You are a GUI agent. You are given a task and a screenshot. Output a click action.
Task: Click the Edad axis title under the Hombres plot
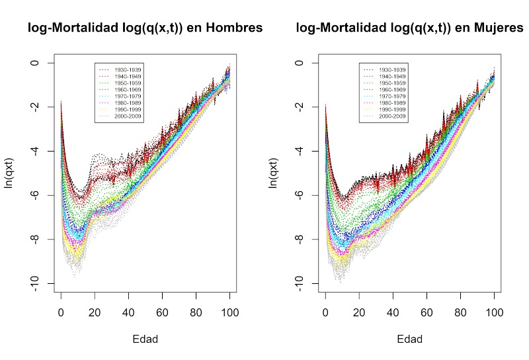pos(145,339)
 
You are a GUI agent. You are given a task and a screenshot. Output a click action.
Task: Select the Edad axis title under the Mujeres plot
pos(410,339)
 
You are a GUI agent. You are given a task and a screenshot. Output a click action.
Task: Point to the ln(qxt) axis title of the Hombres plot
pos(9,173)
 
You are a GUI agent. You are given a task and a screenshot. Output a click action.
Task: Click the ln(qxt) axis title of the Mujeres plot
pos(274,173)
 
